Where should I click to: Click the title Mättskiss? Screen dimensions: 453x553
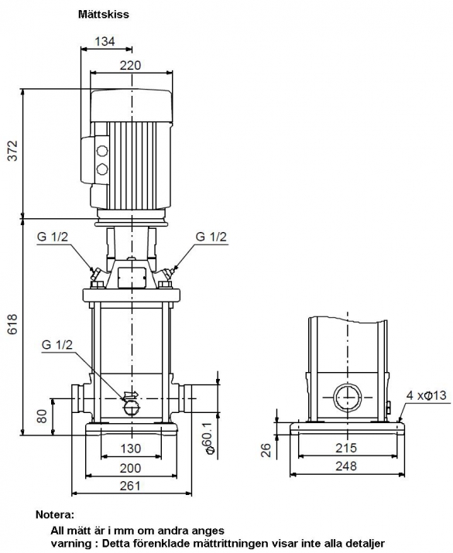click(x=104, y=15)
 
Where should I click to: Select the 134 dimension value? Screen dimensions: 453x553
click(x=105, y=41)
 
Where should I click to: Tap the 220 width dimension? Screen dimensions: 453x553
click(x=130, y=65)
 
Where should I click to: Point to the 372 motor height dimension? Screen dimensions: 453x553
click(x=12, y=151)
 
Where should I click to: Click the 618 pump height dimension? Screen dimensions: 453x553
click(x=12, y=324)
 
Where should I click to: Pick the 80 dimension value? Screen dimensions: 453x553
click(x=42, y=416)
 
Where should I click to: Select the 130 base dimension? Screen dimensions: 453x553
click(x=131, y=449)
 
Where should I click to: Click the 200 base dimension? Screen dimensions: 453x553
click(x=131, y=468)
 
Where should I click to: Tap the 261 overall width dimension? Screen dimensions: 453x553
click(x=130, y=486)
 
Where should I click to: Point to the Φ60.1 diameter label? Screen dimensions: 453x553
click(x=209, y=438)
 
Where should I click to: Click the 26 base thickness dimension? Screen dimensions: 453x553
click(x=266, y=450)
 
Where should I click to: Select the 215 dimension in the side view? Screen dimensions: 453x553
click(x=346, y=448)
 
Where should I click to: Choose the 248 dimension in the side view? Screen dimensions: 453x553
click(x=346, y=466)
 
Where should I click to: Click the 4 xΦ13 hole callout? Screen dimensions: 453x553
click(x=426, y=395)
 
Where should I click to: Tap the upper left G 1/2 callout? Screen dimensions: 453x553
click(x=52, y=237)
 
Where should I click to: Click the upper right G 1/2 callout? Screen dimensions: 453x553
click(x=211, y=237)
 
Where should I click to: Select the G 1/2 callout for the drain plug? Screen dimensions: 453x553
click(x=57, y=345)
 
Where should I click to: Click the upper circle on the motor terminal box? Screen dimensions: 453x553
click(x=102, y=151)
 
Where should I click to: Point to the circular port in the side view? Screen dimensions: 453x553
click(x=348, y=398)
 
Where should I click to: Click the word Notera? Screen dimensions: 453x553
click(x=55, y=515)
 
